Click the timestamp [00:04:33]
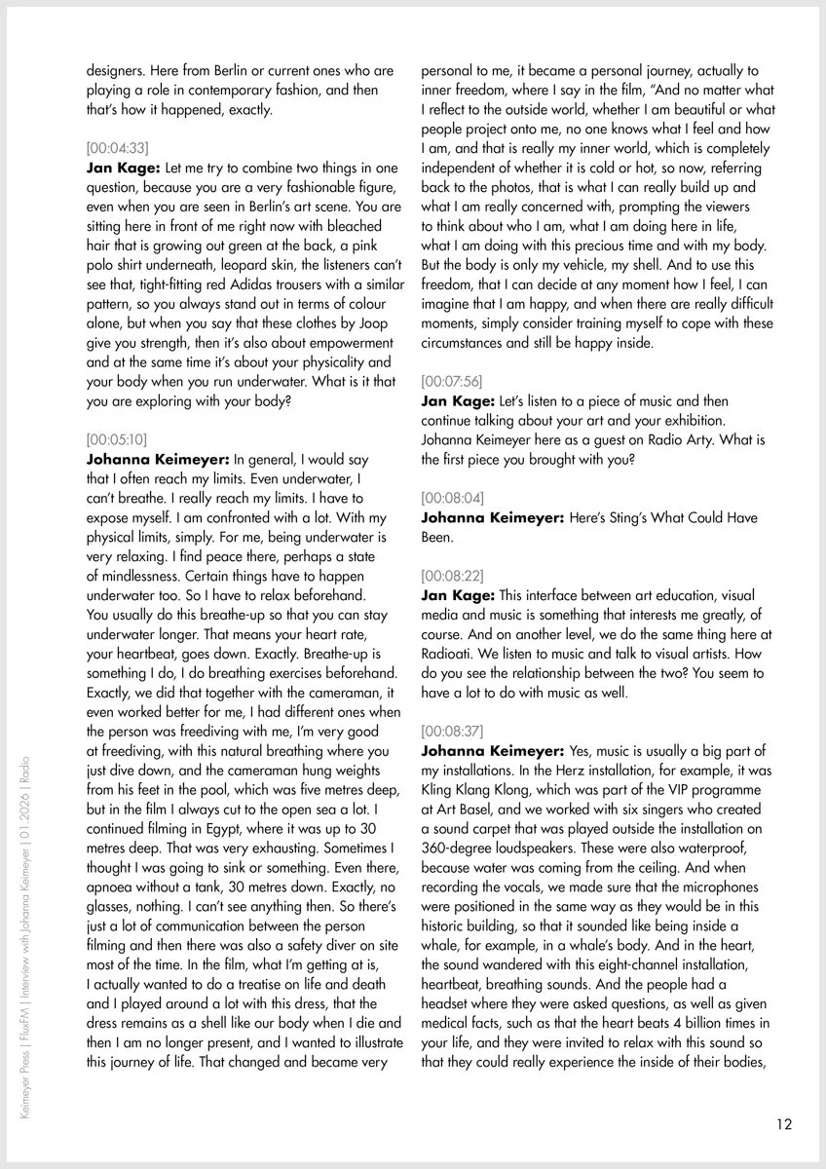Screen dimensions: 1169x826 click(x=118, y=148)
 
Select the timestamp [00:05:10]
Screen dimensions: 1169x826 click(x=117, y=439)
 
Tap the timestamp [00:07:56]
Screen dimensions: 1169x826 click(x=451, y=381)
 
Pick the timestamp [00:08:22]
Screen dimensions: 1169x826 click(x=451, y=575)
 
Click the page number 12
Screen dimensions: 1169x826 click(x=784, y=1123)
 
